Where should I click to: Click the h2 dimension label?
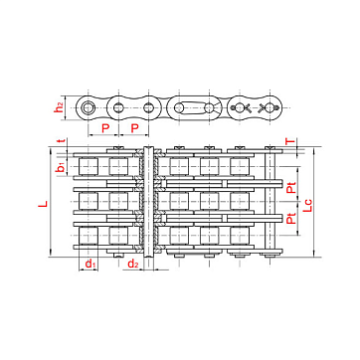tap(59, 107)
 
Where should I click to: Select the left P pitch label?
tap(105, 128)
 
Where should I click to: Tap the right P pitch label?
tap(134, 128)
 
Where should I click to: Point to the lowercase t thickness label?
tap(60, 141)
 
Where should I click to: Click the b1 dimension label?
tap(61, 167)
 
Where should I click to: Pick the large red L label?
tap(43, 204)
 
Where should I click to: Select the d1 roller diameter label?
tap(90, 264)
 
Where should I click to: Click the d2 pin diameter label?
tap(133, 264)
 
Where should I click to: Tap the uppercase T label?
tap(290, 141)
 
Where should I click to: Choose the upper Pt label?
tap(291, 189)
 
